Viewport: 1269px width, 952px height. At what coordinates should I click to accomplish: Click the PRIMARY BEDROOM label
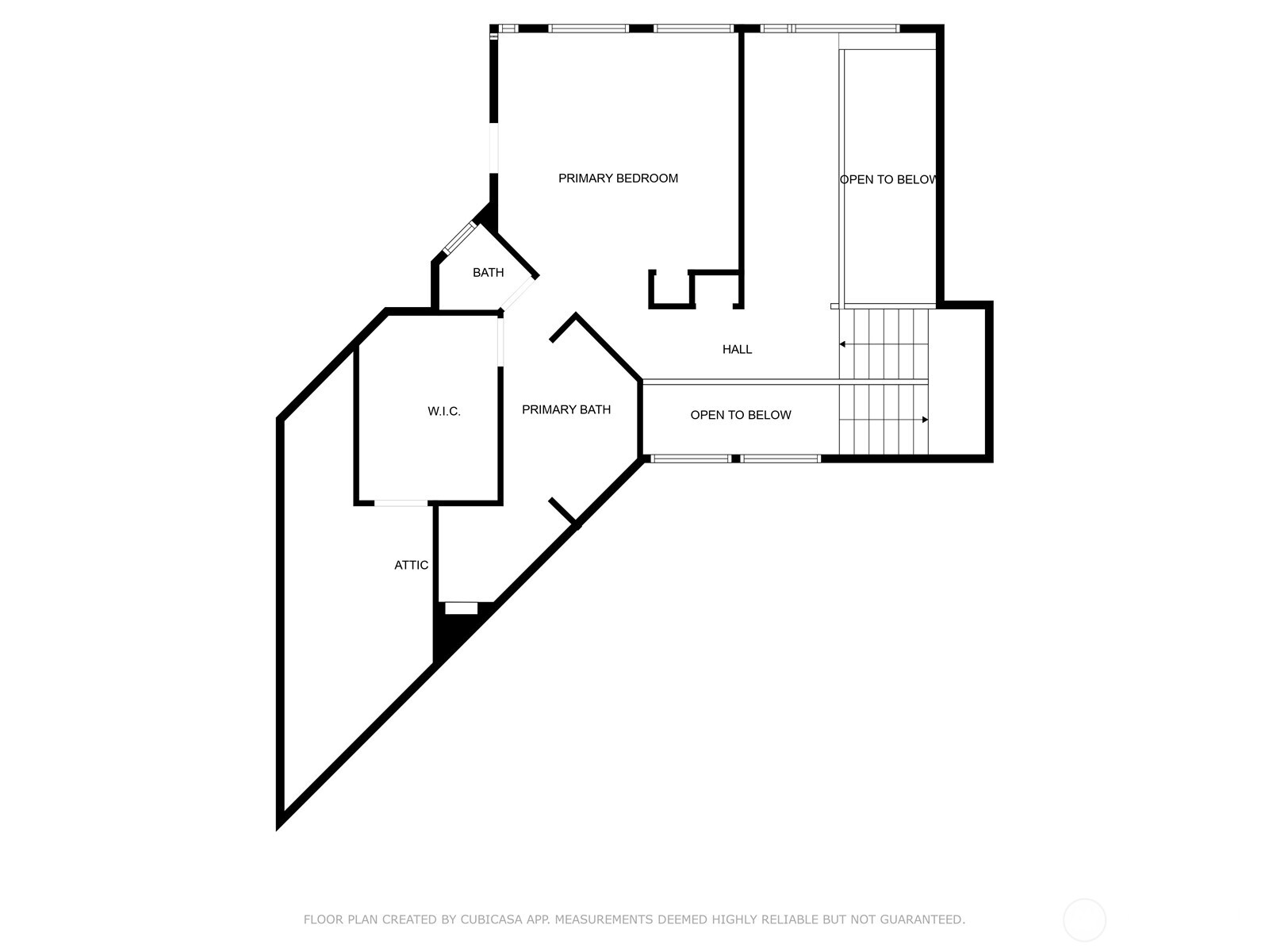(618, 178)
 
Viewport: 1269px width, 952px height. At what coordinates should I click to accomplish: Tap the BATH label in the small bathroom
(488, 273)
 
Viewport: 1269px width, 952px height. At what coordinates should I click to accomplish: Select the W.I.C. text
(443, 412)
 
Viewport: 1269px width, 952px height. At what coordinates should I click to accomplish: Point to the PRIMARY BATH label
(566, 410)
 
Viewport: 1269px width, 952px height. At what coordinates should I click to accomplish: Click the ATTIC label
(411, 566)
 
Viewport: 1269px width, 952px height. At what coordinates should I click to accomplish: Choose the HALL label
(737, 349)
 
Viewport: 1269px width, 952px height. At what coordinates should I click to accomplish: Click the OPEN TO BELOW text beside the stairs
(888, 180)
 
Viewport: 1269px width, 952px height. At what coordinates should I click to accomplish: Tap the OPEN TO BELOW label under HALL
(740, 415)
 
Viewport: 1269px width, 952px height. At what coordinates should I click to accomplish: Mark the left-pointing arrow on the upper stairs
(843, 344)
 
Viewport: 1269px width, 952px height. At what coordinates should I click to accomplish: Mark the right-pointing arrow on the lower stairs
(924, 420)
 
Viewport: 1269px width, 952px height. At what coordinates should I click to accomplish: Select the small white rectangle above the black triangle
(461, 608)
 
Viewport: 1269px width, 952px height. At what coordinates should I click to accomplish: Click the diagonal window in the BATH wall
(459, 238)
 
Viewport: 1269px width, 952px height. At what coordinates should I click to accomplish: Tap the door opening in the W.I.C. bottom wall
(401, 503)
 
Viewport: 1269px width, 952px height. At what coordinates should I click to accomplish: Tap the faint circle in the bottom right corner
(1084, 920)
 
